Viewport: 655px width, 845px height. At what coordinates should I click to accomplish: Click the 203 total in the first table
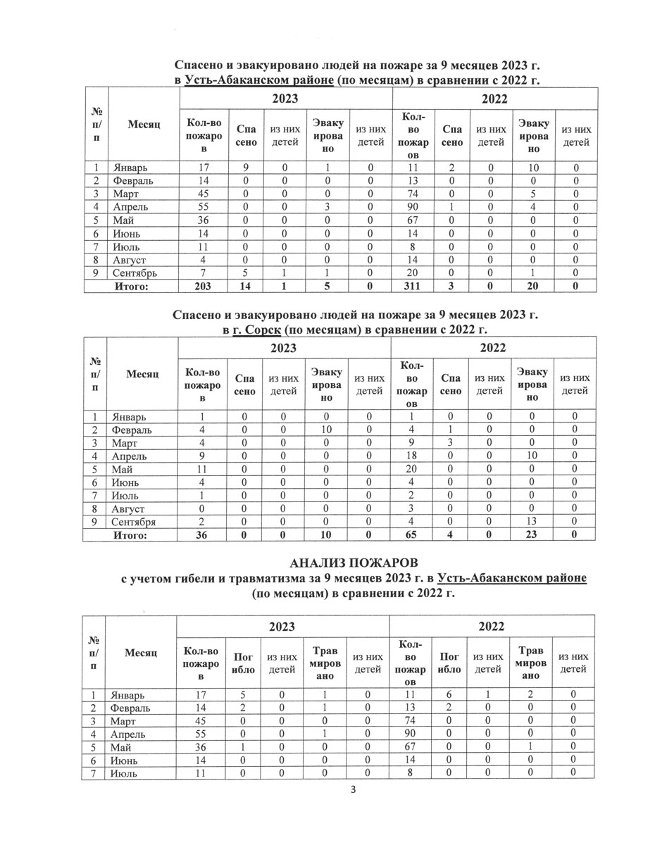click(202, 287)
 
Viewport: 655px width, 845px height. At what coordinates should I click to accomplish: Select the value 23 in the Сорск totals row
click(532, 535)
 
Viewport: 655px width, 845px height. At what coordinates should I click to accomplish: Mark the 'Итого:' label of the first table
click(131, 287)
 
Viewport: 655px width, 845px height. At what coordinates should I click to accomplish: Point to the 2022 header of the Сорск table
click(493, 347)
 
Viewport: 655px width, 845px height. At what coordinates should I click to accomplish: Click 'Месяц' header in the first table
click(144, 124)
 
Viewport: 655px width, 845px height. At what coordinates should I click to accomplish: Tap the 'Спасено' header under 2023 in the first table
click(245, 136)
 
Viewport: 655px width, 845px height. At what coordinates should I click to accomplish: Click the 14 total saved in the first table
click(244, 287)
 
